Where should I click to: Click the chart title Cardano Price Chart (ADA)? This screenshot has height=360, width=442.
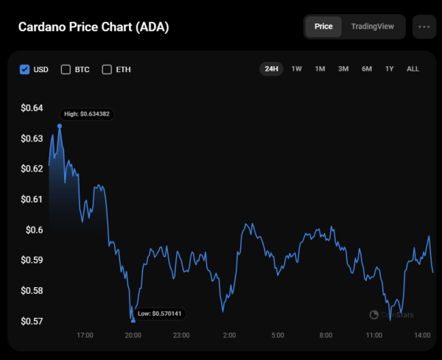(x=93, y=27)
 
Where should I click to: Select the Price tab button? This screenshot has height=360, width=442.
(x=323, y=27)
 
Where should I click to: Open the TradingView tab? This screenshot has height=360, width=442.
(x=372, y=27)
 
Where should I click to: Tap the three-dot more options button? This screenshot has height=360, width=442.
(x=424, y=27)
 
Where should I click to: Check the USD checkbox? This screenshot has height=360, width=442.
(x=24, y=69)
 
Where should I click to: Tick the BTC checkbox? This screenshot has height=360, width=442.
(x=66, y=69)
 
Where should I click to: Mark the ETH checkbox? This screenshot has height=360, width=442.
(x=107, y=69)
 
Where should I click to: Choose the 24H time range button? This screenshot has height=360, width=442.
(x=271, y=68)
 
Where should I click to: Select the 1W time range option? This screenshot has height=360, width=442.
(x=296, y=68)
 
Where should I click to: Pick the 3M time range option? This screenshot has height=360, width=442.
(x=343, y=68)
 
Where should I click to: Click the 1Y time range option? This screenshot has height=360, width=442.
(x=390, y=68)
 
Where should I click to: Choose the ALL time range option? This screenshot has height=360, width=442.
(x=413, y=68)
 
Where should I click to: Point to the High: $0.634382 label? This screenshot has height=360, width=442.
(x=86, y=114)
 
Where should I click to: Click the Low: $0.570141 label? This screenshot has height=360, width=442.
(x=159, y=314)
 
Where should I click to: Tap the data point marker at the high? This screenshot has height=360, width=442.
(x=60, y=126)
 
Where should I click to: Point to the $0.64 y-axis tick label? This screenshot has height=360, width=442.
(x=32, y=108)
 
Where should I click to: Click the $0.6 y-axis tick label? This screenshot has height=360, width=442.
(x=35, y=230)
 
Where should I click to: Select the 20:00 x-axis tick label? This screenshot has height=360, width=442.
(x=133, y=335)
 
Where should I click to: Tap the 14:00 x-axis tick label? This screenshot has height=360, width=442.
(x=422, y=335)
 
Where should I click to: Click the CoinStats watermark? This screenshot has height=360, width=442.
(x=392, y=314)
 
